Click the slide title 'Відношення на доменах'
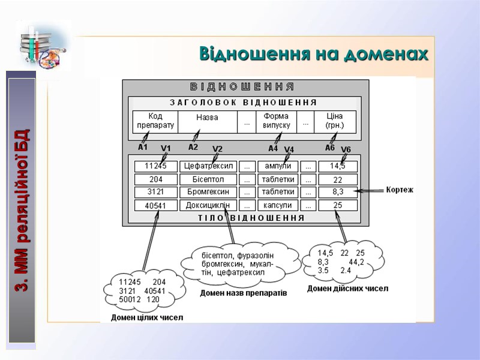point(314,54)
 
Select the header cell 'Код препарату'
point(155,121)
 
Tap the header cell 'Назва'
point(207,118)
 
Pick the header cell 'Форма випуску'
point(276,121)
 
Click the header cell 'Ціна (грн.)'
point(335,121)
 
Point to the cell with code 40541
point(155,205)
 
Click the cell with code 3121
point(155,192)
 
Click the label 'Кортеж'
point(400,190)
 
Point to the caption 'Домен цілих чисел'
point(147,317)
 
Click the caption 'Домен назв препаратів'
point(244,294)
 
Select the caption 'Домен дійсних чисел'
point(347,289)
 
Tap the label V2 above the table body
point(217,149)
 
